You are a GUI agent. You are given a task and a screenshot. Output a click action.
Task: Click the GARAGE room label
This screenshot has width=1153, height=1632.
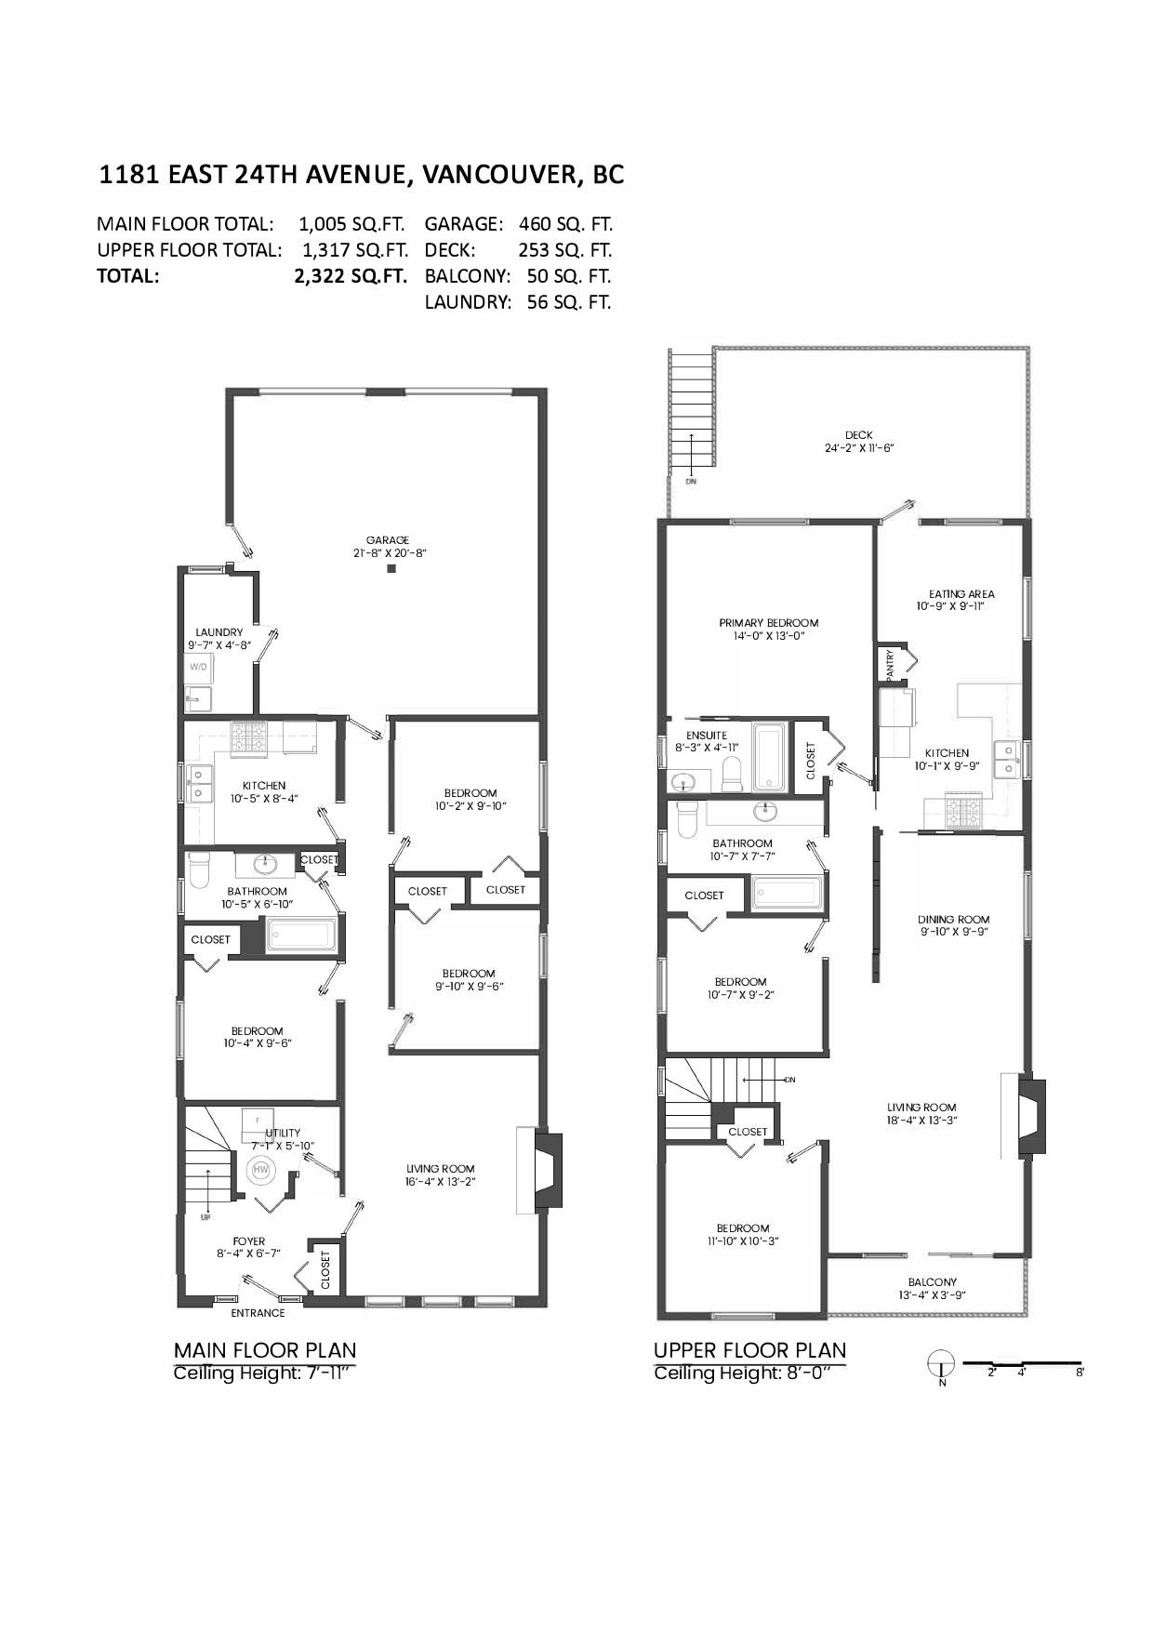[x=387, y=540]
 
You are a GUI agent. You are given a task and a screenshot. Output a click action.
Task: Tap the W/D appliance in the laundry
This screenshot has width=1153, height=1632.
[x=199, y=667]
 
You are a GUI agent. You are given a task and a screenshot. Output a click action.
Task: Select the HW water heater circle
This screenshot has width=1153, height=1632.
[x=261, y=1169]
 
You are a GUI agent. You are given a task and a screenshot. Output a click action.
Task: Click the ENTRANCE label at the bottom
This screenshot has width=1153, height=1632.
[x=258, y=1313]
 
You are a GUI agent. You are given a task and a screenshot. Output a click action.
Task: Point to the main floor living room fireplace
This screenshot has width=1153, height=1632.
[x=548, y=1170]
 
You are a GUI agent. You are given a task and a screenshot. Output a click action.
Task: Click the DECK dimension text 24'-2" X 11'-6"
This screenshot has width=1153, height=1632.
[x=858, y=448]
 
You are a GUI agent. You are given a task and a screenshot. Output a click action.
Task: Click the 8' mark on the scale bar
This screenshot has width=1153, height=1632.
[x=1079, y=1373]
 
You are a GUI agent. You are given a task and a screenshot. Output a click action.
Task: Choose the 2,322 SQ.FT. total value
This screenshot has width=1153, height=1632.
[x=351, y=276]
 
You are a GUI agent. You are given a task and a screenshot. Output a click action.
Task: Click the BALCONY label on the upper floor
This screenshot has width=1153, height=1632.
[x=932, y=1282]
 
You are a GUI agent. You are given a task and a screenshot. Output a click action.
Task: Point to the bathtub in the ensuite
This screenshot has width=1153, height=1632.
[x=769, y=758]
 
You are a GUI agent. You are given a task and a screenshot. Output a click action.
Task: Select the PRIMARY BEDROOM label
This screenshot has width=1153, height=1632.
[x=768, y=623]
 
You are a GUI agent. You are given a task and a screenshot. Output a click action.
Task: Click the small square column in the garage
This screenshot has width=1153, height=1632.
[x=391, y=568]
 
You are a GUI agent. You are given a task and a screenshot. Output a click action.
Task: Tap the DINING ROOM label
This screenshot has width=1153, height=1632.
[x=953, y=919]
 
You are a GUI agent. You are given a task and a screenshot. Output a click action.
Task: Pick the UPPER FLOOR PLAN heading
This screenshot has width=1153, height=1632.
[x=749, y=1350]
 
